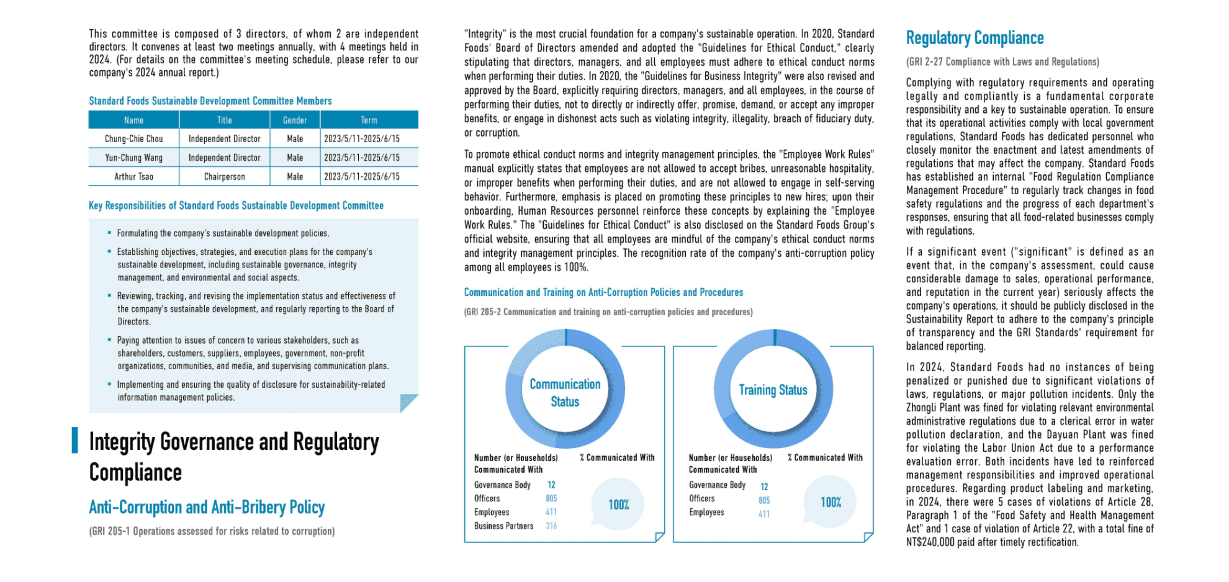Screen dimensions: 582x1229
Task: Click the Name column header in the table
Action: [133, 120]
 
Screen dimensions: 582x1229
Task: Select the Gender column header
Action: [295, 120]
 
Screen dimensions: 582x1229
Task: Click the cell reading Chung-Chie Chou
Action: [133, 139]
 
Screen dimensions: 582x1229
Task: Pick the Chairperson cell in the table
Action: [224, 177]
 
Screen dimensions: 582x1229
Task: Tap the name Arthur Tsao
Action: [133, 177]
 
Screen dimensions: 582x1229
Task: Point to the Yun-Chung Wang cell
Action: [133, 158]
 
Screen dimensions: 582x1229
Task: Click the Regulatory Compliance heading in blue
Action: [975, 38]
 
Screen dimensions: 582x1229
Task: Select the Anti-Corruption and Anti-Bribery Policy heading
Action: [207, 508]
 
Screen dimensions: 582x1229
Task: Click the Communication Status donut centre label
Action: [565, 393]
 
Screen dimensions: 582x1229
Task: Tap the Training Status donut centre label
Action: [773, 390]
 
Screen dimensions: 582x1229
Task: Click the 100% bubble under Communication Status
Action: [618, 504]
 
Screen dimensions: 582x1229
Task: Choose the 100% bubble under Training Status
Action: [831, 502]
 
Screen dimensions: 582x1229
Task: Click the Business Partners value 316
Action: [551, 526]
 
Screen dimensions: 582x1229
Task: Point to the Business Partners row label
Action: [503, 526]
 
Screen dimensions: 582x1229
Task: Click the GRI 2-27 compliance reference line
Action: [1002, 62]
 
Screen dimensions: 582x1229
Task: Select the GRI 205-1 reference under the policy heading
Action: [212, 531]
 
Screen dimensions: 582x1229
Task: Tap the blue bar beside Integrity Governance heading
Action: [75, 440]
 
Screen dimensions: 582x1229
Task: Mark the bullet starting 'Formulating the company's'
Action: [223, 233]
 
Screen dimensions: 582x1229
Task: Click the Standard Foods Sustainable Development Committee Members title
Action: [210, 101]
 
